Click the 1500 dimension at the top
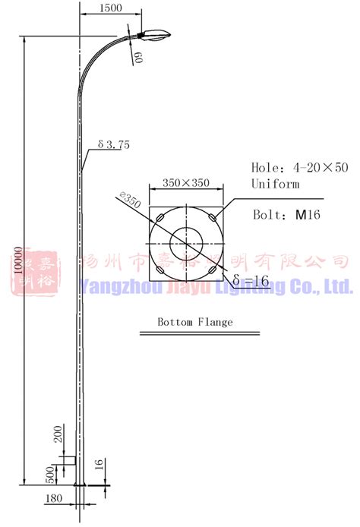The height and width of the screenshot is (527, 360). pyautogui.click(x=111, y=8)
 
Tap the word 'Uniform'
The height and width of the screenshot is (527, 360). pyautogui.click(x=276, y=184)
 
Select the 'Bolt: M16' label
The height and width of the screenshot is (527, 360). pyautogui.click(x=286, y=215)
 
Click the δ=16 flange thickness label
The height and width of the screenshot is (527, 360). pyautogui.click(x=251, y=281)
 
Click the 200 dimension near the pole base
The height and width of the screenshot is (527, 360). pyautogui.click(x=58, y=436)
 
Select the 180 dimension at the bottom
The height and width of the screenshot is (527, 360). pyautogui.click(x=54, y=498)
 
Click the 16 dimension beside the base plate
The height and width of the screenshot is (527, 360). pyautogui.click(x=99, y=466)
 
